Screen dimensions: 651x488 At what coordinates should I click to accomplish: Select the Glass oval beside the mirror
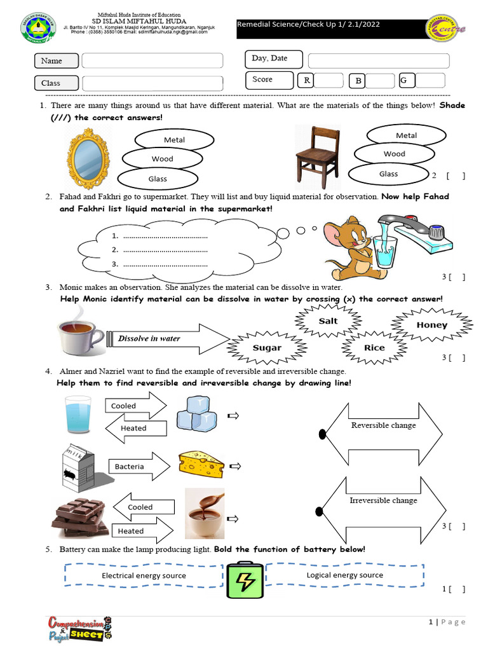[158, 179]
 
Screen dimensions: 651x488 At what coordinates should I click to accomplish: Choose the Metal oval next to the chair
[406, 135]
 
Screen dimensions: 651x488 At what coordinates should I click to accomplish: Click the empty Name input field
[152, 61]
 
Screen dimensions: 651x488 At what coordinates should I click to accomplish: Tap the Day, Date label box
[269, 59]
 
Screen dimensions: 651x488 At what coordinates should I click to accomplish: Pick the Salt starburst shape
[328, 321]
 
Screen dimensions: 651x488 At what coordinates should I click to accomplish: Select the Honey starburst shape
[432, 325]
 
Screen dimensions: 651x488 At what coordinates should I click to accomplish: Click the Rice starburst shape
[374, 348]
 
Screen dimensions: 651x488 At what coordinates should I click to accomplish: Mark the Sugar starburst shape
[267, 348]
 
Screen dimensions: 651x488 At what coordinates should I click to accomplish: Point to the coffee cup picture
[81, 332]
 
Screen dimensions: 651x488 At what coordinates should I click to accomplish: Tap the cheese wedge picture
[201, 463]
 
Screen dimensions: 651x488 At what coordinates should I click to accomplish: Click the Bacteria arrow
[137, 467]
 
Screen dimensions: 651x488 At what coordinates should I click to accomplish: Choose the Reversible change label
[383, 425]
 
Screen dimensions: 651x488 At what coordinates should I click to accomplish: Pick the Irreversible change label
[383, 500]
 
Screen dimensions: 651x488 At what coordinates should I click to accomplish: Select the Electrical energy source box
[144, 575]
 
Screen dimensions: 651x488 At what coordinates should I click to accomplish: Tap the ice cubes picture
[196, 413]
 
